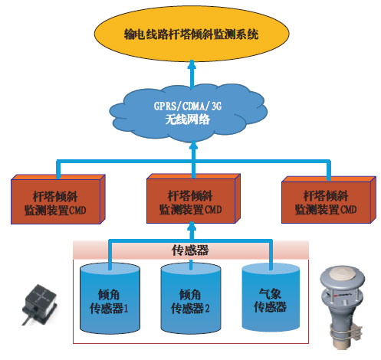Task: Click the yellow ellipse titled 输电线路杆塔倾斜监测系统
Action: (x=192, y=34)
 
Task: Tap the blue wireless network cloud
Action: (x=189, y=113)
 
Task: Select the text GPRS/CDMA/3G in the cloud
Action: (x=188, y=106)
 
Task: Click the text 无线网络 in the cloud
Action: (x=188, y=119)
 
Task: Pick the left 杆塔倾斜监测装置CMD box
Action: (x=58, y=199)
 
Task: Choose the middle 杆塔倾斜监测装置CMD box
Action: (x=193, y=198)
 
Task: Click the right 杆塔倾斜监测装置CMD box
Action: (x=329, y=200)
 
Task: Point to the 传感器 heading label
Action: (x=190, y=250)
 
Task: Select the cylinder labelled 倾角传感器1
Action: (x=110, y=299)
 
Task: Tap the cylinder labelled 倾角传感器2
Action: (x=191, y=299)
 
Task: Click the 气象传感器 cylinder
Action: (x=271, y=297)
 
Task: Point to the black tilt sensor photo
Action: (x=39, y=303)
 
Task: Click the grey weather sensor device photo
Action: (x=342, y=306)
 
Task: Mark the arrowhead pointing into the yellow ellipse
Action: (x=192, y=64)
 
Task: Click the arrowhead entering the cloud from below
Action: (x=193, y=145)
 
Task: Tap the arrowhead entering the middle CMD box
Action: (x=192, y=226)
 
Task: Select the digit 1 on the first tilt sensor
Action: (x=126, y=308)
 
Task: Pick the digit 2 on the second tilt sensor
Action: (x=207, y=308)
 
